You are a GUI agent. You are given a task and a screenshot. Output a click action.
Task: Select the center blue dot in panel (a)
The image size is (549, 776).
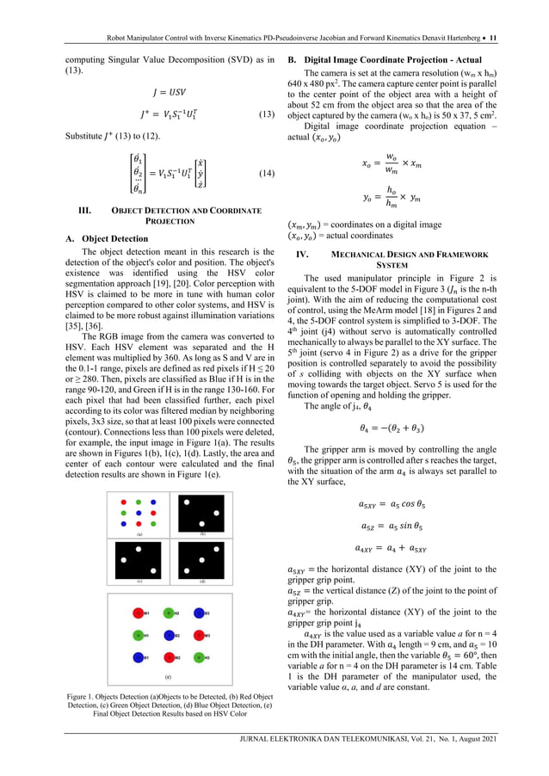[x=139, y=513]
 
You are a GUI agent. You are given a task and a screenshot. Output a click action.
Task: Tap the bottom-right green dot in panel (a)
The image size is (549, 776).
[x=153, y=524]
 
